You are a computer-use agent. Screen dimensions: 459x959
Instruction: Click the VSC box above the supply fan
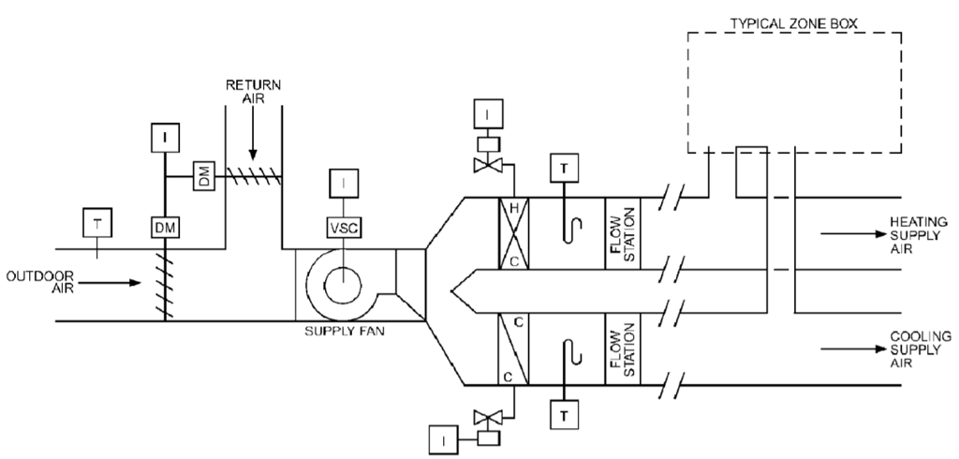click(x=344, y=227)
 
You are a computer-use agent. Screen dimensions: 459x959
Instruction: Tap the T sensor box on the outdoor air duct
click(x=97, y=222)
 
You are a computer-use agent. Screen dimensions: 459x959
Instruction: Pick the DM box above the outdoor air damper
click(x=166, y=227)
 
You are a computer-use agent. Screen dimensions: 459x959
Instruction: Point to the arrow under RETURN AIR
click(x=253, y=141)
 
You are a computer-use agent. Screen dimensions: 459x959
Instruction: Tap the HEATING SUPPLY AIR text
click(x=920, y=233)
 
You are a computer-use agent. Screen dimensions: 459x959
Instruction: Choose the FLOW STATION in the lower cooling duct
click(x=622, y=348)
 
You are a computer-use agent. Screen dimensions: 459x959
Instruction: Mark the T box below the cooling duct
click(x=563, y=413)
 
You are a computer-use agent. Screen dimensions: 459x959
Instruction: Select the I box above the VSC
click(x=344, y=181)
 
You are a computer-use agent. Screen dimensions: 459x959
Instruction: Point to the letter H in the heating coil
click(x=512, y=208)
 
